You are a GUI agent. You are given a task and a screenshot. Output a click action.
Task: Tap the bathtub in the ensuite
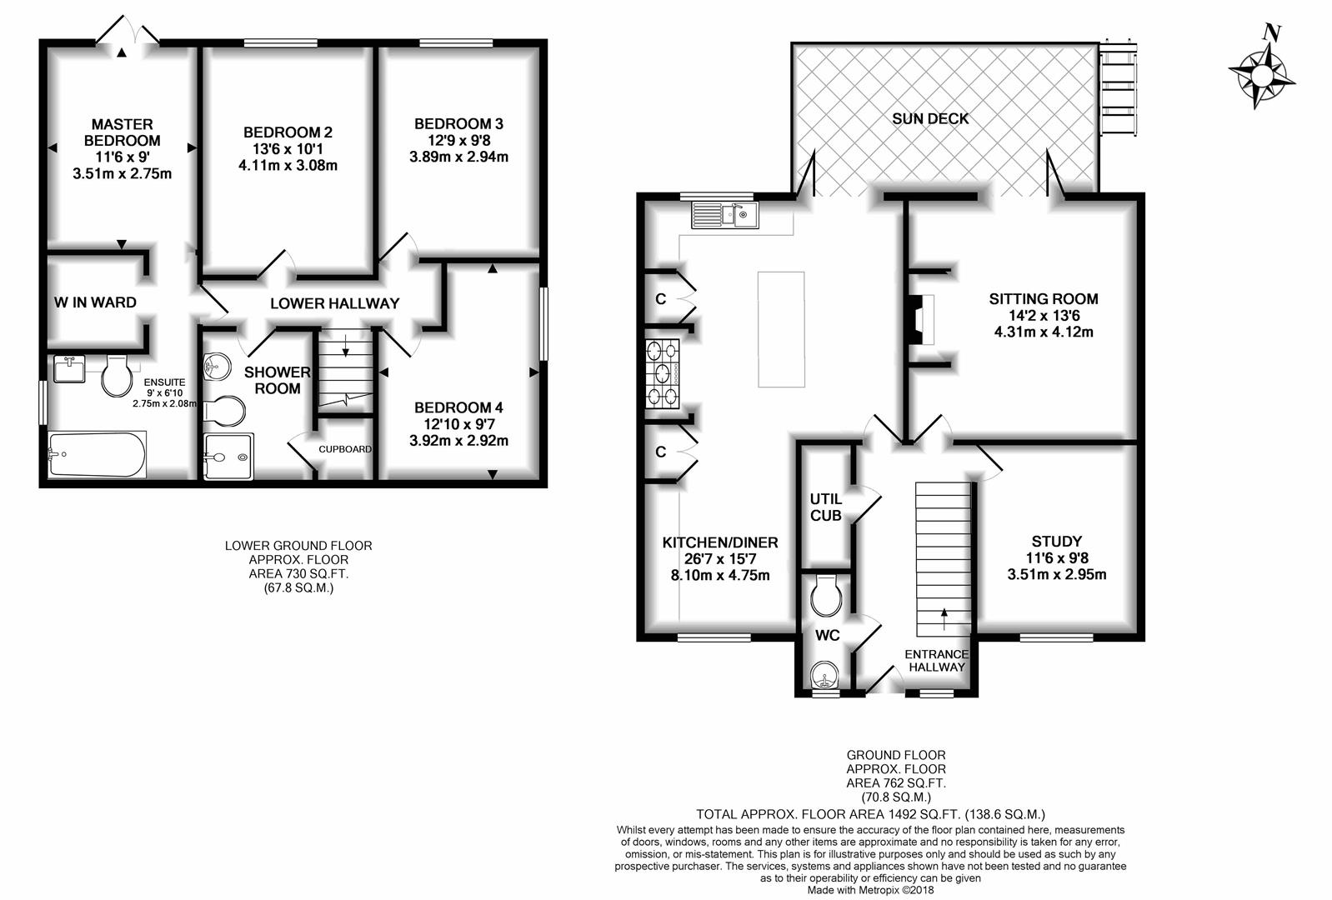point(97,454)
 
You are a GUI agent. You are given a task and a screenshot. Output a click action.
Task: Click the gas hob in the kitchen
point(663,374)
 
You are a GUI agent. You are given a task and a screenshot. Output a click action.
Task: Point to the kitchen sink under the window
point(725,215)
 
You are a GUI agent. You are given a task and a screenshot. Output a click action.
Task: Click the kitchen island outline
point(781,329)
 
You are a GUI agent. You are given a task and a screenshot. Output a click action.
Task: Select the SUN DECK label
point(930,118)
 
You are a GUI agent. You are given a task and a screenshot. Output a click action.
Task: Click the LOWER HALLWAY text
point(335,303)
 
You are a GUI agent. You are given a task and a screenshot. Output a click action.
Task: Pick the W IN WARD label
point(95,302)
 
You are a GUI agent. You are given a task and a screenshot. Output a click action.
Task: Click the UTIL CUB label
point(826,507)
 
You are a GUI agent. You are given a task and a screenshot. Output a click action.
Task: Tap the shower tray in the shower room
point(228,456)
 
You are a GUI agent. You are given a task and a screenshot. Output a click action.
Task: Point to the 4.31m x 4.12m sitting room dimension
point(1044,332)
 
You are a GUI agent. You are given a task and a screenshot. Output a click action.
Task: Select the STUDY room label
point(1057,541)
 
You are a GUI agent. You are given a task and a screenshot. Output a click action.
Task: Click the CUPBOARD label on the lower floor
point(345,449)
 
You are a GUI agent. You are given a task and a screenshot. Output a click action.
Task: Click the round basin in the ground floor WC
point(825,675)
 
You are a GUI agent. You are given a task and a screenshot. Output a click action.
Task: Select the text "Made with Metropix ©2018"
point(870,890)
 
